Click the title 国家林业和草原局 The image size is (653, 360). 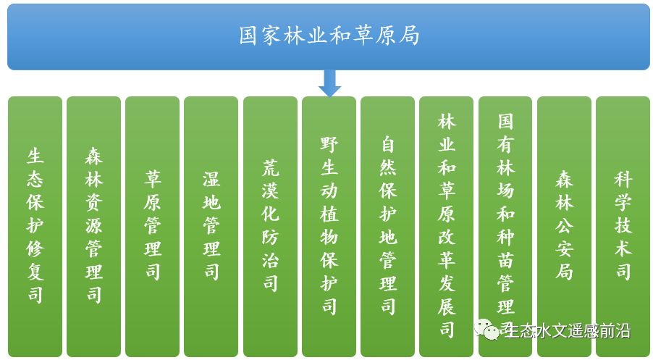tap(329, 35)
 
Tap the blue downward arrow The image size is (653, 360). tap(329, 83)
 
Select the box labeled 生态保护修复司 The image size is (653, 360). tap(35, 227)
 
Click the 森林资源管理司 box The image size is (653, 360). tap(93, 227)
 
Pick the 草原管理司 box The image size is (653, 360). tap(153, 227)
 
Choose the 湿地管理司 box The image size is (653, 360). tap(211, 227)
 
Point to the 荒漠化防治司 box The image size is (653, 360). tap(270, 227)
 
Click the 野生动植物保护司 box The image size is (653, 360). tap(329, 227)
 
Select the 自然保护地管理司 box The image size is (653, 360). tap(388, 227)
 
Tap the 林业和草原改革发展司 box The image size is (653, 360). tap(447, 227)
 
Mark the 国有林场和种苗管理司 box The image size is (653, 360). tap(505, 227)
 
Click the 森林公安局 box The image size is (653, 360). tap(564, 227)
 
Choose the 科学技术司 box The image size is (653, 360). tap(623, 227)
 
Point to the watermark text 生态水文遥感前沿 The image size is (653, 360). tap(568, 331)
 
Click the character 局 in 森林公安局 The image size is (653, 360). tap(564, 272)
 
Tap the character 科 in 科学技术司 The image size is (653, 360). tap(623, 180)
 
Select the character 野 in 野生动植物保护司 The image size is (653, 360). tap(329, 144)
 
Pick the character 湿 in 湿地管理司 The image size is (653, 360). tap(211, 180)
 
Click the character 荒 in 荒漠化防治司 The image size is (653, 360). tap(270, 168)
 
